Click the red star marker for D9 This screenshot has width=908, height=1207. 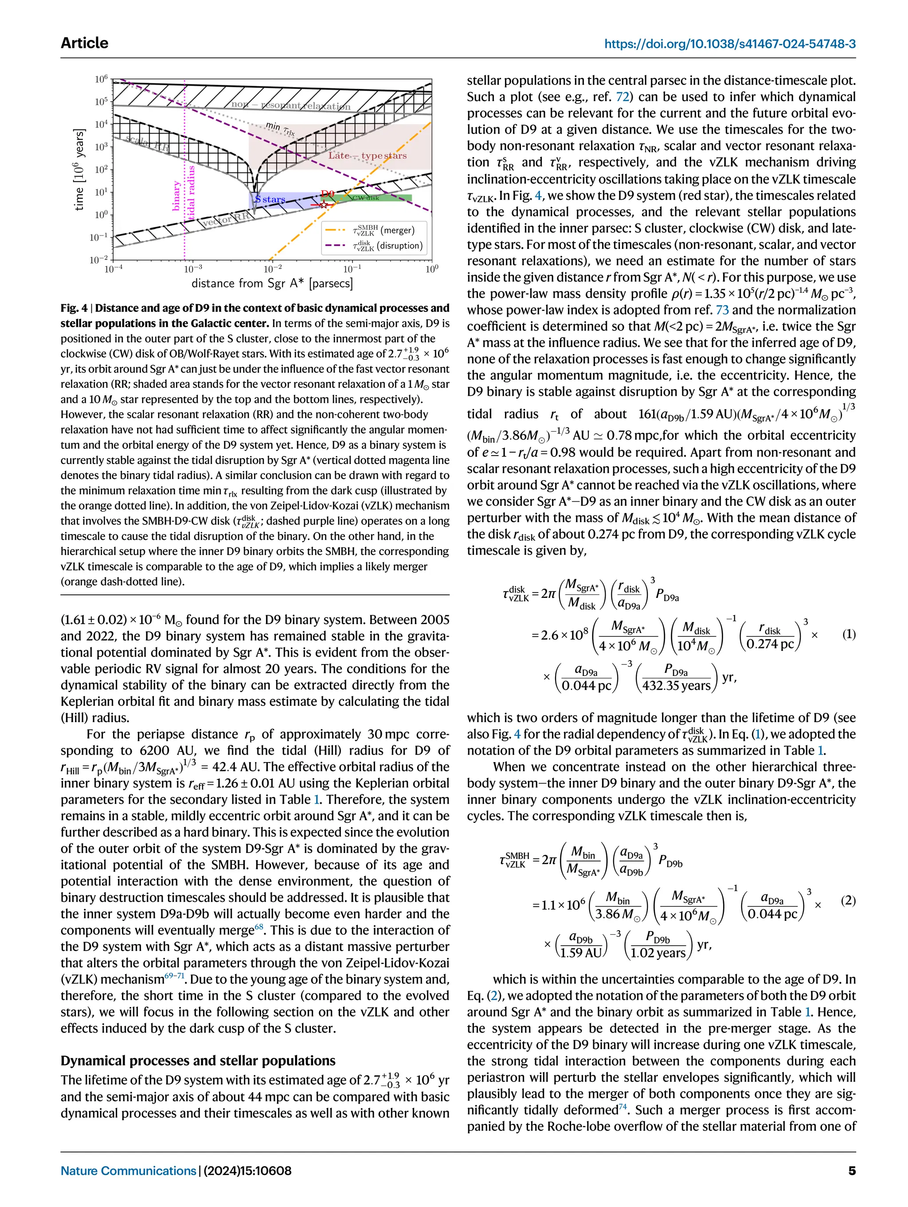click(323, 204)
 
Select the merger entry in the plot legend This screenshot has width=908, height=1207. click(384, 230)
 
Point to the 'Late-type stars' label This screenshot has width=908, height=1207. click(367, 156)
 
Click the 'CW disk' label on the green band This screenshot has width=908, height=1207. click(365, 197)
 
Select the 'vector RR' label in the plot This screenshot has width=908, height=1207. click(225, 220)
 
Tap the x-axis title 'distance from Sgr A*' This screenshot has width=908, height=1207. click(272, 283)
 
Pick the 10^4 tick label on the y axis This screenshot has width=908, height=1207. click(102, 124)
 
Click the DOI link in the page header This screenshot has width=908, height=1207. click(730, 43)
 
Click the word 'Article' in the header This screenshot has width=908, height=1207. click(85, 43)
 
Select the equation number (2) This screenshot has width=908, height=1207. click(849, 900)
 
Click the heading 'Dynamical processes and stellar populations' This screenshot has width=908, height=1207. click(198, 1060)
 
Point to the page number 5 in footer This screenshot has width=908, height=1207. click(851, 1171)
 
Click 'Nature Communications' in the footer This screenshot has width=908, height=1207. click(128, 1171)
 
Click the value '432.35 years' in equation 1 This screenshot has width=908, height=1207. click(676, 685)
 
